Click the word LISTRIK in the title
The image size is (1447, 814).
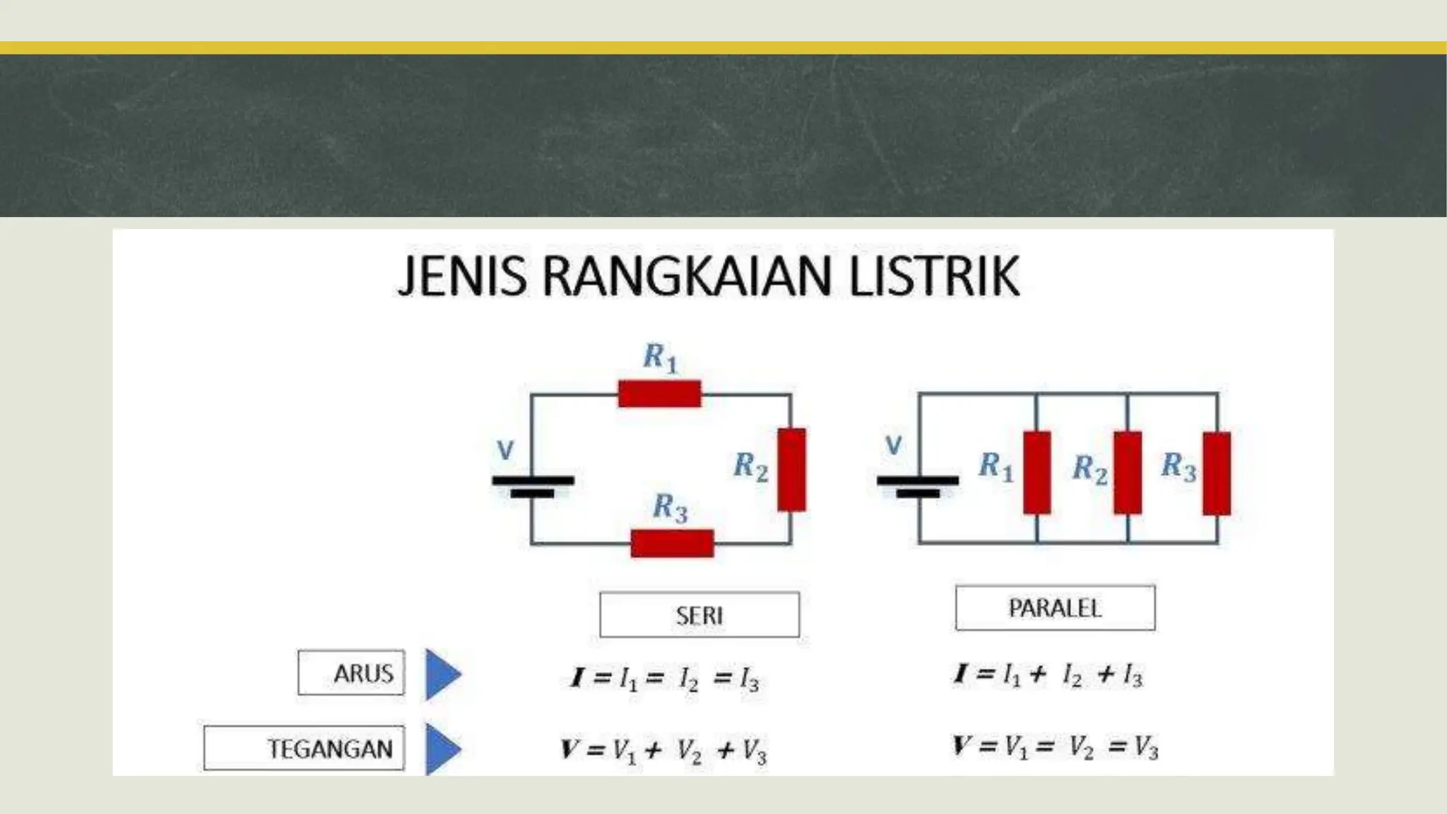(x=933, y=276)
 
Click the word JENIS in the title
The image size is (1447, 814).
(x=462, y=276)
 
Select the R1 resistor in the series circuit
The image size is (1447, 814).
(x=659, y=394)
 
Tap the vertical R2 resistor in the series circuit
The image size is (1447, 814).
(x=791, y=469)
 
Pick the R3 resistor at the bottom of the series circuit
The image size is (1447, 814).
(x=672, y=543)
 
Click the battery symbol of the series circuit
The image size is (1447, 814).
(x=533, y=486)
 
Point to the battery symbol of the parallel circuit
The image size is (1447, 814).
(x=918, y=486)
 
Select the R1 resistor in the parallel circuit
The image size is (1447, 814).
(x=1036, y=472)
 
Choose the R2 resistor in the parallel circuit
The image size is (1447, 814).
(x=1128, y=472)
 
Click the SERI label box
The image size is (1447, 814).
(x=699, y=615)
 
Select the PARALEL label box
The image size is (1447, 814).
(x=1055, y=608)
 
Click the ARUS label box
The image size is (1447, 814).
(x=351, y=673)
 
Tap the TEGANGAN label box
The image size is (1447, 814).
(x=304, y=748)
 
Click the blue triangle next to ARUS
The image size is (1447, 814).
(x=442, y=674)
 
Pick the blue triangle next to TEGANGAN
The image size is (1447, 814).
(x=442, y=748)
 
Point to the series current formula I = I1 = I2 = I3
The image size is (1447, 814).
(x=665, y=679)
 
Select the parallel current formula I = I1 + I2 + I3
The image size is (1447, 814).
(x=1048, y=676)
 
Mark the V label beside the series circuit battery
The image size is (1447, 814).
(x=505, y=449)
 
